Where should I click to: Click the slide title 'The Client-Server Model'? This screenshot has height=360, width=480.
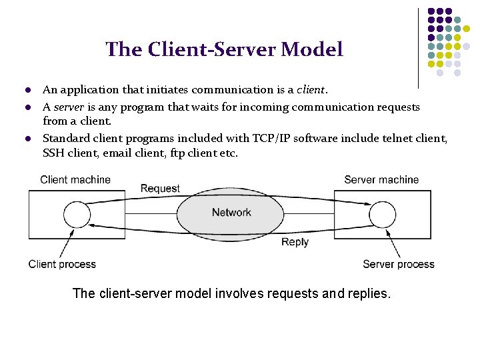point(224,49)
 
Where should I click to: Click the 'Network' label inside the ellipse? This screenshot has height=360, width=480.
point(231,212)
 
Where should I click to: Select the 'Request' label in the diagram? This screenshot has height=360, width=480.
point(160,188)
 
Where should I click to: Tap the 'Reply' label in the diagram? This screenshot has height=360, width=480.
point(295,242)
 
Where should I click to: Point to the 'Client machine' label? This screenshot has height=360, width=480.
point(75,179)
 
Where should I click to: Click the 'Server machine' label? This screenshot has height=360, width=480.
point(381,179)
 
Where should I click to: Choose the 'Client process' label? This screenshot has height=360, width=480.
point(62,264)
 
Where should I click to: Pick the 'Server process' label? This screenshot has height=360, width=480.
point(398,264)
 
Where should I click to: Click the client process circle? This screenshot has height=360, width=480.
point(77,215)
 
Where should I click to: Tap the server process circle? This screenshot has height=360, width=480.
point(383,215)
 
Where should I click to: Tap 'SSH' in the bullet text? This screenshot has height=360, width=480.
point(53,153)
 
